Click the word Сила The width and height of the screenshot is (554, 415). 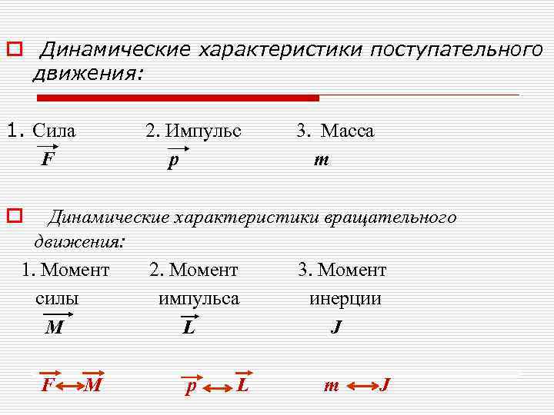59,131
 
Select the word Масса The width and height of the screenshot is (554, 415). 346,131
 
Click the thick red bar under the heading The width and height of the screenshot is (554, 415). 178,98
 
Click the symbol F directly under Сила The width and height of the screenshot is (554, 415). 48,160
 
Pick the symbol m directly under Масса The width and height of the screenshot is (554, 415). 321,161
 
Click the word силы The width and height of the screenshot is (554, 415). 57,298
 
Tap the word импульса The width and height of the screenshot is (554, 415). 199,298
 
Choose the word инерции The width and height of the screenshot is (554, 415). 345,298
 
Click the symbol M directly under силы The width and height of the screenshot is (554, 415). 54,328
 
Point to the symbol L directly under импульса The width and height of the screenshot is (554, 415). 189,328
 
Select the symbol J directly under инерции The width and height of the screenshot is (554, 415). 336,328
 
